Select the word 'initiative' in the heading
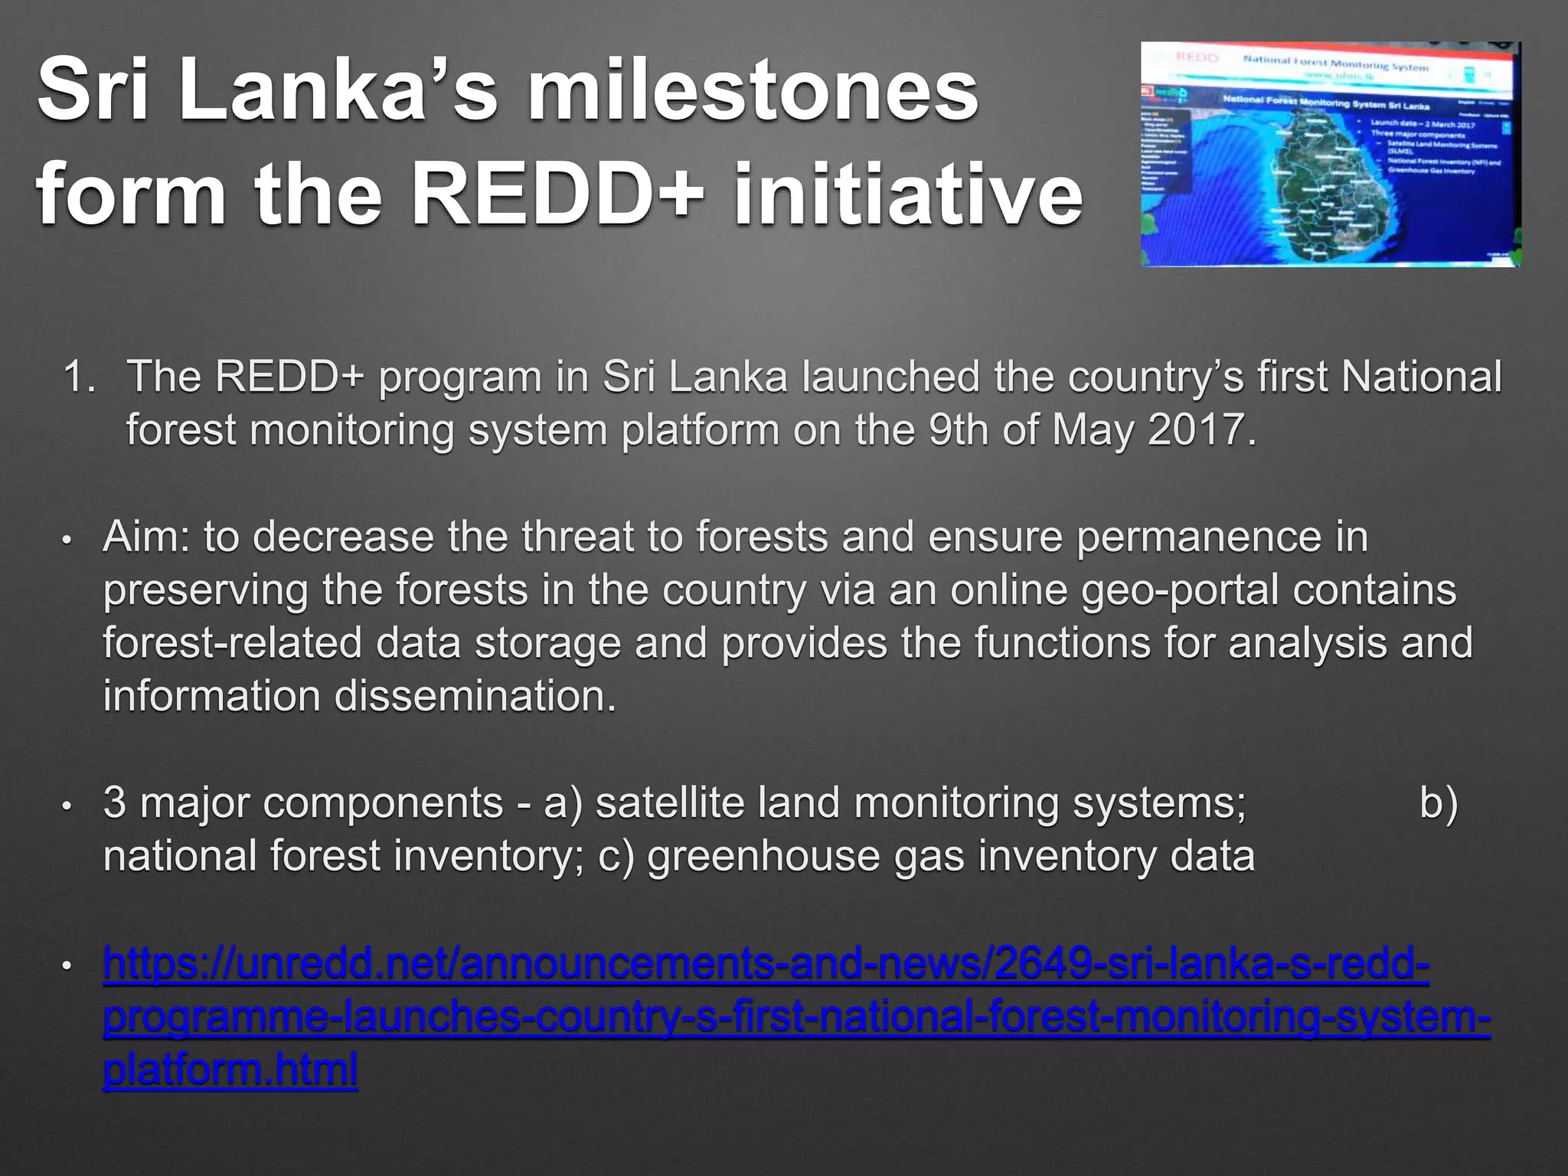[908, 194]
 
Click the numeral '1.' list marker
[80, 377]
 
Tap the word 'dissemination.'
[475, 697]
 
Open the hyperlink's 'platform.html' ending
[230, 1070]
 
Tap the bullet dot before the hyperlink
[67, 967]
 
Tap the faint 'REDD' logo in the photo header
[1196, 58]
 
